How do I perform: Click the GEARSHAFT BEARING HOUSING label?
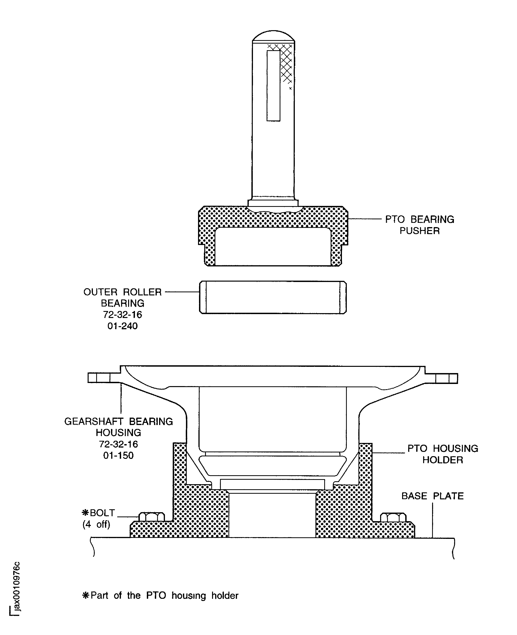[x=119, y=427]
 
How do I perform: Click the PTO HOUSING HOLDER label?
[x=443, y=454]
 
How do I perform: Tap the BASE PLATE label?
[x=432, y=496]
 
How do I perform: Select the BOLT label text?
[x=98, y=513]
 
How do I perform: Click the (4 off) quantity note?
[x=96, y=524]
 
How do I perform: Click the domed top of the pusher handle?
[x=273, y=35]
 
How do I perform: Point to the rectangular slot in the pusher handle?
[x=273, y=86]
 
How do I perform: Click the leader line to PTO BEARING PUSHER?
[x=365, y=219]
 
